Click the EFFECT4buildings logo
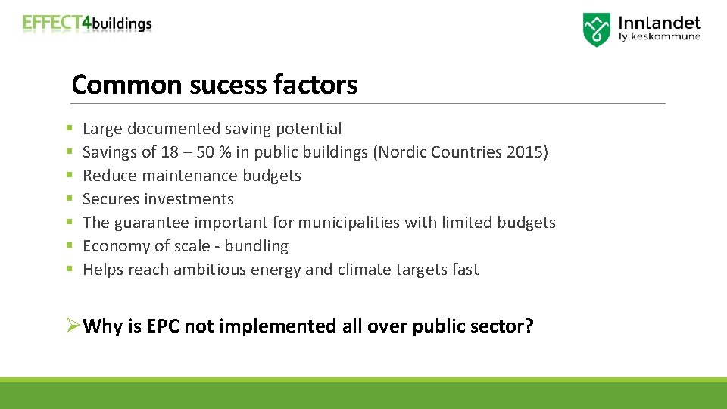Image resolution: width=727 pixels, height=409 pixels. (87, 23)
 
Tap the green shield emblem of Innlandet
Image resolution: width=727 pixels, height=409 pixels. (596, 30)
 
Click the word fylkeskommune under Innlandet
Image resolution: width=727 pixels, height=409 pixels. (660, 36)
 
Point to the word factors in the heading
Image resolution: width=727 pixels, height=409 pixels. (318, 85)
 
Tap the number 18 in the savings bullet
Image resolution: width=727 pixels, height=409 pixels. (170, 152)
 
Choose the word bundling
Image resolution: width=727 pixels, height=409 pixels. (257, 246)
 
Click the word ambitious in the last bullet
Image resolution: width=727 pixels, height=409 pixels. (209, 270)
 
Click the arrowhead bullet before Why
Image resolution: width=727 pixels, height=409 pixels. (72, 326)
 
